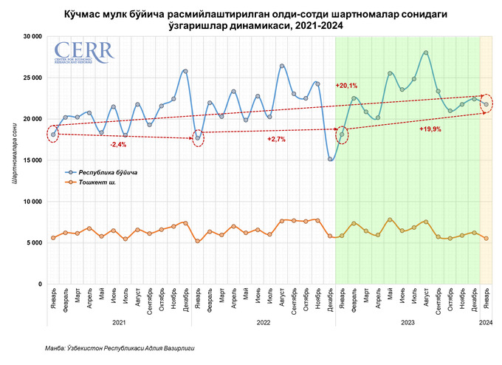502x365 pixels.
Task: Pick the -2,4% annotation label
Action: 117,144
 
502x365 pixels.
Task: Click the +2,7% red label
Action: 275,139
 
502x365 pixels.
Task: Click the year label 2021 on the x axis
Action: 119,322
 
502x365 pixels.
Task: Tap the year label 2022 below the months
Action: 264,322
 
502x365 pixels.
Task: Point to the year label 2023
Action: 408,322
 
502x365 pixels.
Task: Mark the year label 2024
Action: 486,322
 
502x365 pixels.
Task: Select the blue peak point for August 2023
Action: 426,52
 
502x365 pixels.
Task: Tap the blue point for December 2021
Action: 185,71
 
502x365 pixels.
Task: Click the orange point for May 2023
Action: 390,219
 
